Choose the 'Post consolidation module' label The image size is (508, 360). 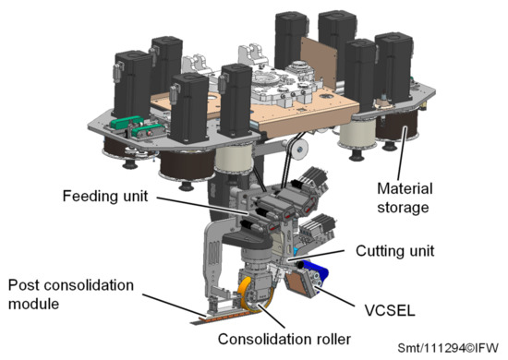70,290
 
